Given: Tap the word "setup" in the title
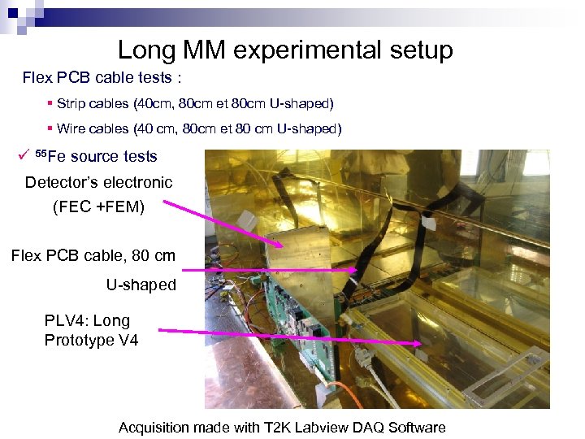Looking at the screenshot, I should [418, 50].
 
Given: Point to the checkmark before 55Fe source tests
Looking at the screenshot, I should [28, 154].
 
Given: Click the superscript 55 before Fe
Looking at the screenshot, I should [45, 153].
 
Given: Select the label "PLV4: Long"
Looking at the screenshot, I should [87, 320].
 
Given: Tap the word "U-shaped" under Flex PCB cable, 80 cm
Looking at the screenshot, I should [141, 285].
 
